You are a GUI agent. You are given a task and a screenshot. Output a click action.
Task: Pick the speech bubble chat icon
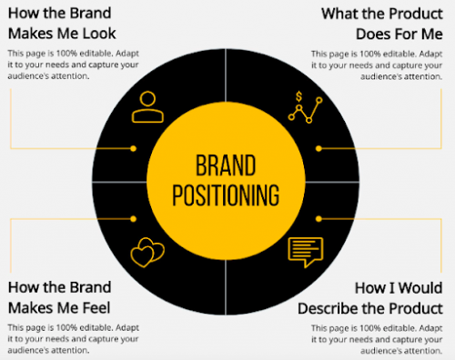pos(306,251)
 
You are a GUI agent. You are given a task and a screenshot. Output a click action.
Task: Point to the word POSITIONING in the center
pos(226,195)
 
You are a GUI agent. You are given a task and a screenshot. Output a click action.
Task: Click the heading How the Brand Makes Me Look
pos(61,24)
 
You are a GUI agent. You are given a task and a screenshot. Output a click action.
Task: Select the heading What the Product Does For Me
pos(381,24)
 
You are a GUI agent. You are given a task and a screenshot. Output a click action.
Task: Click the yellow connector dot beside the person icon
pos(133,147)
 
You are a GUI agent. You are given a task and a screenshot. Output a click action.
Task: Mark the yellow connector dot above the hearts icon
pos(133,218)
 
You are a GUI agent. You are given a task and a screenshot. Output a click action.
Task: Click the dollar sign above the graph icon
pos(299,95)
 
